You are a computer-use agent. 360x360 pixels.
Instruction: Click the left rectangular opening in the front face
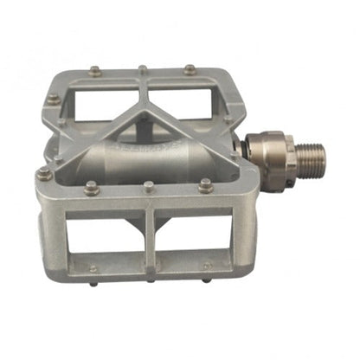pos(106,232)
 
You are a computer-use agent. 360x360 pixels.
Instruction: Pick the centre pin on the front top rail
pos(149,185)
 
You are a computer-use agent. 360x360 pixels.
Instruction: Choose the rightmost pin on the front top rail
pos(205,183)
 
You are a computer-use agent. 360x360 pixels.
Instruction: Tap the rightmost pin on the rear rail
pos(190,67)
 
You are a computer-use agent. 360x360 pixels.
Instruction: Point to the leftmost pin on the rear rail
pos(94,71)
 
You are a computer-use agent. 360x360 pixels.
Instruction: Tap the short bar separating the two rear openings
pos(144,91)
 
